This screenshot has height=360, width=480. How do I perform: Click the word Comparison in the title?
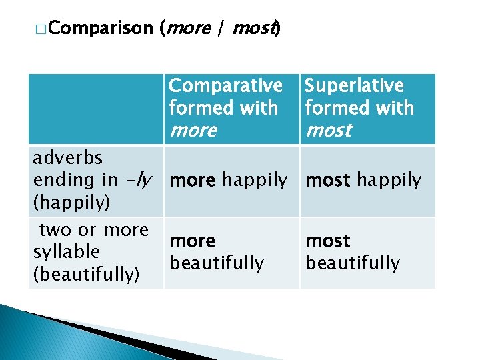tap(100, 28)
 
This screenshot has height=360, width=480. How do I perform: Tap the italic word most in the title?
tap(254, 28)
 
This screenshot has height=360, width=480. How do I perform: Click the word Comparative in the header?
tap(225, 86)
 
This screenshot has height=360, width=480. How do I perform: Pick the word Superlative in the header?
tap(354, 86)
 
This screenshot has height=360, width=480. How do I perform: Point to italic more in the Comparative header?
tap(193, 130)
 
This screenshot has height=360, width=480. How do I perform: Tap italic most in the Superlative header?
tap(328, 130)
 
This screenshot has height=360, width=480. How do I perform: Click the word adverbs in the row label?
tap(68, 158)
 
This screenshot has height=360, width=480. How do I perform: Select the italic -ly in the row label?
tap(141, 179)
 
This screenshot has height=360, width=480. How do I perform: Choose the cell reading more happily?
tap(228, 180)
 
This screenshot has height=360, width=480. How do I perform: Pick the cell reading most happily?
tap(363, 180)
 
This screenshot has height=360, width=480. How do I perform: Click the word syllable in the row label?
tap(66, 251)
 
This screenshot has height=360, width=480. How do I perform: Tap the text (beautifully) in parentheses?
tap(87, 274)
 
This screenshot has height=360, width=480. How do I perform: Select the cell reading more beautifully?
tap(217, 252)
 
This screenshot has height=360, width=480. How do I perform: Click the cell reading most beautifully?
tap(353, 252)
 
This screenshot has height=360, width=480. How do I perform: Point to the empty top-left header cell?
tap(96, 109)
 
